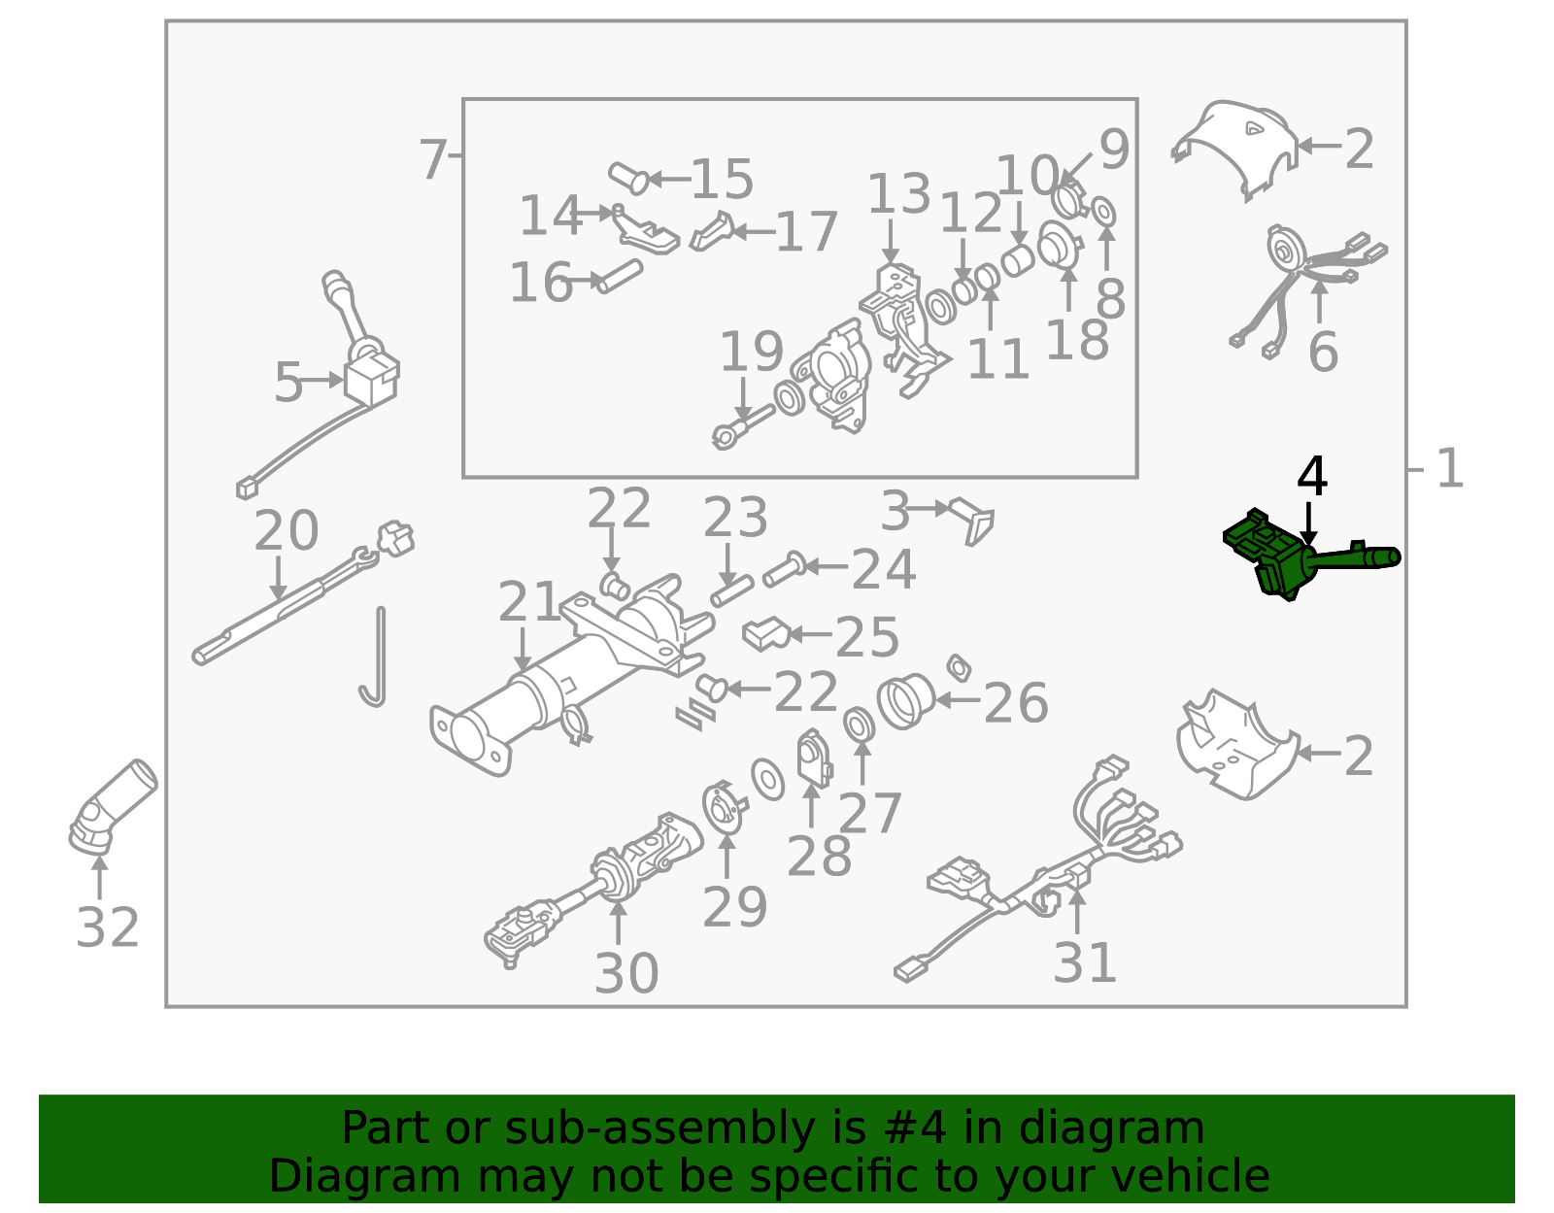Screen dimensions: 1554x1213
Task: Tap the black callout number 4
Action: click(x=1311, y=477)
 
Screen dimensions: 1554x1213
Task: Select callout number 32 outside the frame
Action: click(x=107, y=927)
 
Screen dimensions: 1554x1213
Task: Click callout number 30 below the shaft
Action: click(x=625, y=973)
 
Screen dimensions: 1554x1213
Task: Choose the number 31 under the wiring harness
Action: click(x=1084, y=962)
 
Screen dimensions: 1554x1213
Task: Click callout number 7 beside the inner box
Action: click(x=432, y=159)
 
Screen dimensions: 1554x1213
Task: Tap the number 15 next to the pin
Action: click(x=723, y=178)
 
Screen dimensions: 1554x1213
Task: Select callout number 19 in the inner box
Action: click(x=752, y=351)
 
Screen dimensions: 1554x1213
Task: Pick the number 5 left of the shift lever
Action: click(x=288, y=382)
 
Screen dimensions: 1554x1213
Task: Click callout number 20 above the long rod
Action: click(x=287, y=529)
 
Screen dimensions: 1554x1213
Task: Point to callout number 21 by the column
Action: click(x=529, y=601)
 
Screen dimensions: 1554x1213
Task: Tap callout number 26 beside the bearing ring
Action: click(x=1016, y=702)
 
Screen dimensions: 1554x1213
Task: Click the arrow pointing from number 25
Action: click(x=810, y=633)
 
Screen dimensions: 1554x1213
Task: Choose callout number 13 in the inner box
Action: click(x=899, y=193)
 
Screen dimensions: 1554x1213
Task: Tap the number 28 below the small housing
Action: click(x=819, y=855)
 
